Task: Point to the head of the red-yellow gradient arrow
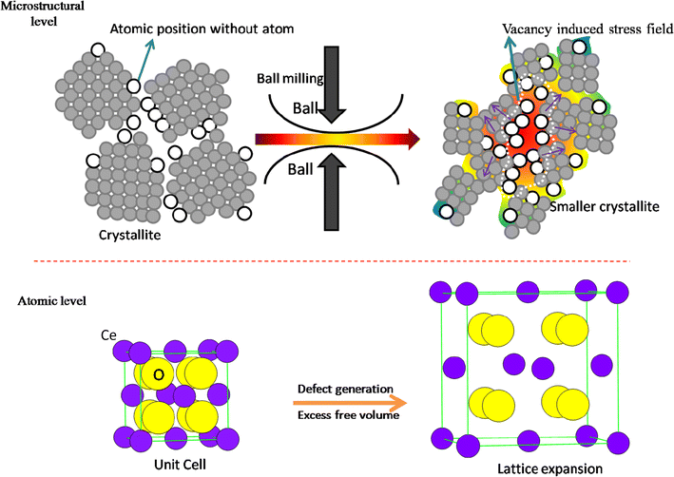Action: (412, 141)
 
